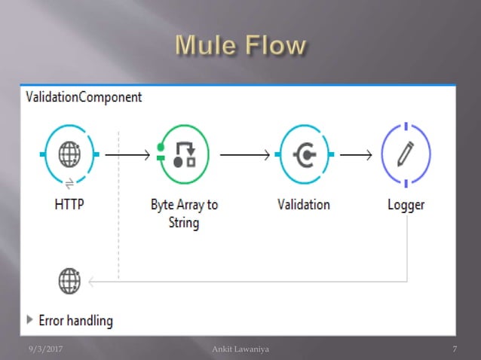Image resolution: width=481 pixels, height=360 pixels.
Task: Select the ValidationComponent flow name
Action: click(84, 97)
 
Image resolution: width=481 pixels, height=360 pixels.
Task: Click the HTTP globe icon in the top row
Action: click(69, 155)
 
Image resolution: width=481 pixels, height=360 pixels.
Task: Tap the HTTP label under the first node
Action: click(69, 204)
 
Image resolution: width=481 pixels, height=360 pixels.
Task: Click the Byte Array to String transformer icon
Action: click(184, 154)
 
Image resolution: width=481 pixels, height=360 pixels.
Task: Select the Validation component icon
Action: click(304, 155)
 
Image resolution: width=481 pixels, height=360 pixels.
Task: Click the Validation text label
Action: click(303, 204)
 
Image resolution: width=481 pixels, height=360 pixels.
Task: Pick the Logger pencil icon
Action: click(406, 154)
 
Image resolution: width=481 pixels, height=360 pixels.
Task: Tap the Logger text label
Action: click(406, 204)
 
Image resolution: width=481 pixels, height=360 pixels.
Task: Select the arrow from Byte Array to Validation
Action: click(245, 155)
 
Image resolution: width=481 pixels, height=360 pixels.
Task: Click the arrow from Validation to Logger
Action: click(356, 155)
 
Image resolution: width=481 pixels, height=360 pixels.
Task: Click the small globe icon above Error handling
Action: click(69, 281)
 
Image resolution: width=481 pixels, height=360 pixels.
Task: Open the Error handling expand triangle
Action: click(30, 319)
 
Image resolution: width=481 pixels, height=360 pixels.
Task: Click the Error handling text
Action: click(75, 320)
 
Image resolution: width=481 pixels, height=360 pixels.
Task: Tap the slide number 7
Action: click(455, 348)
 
